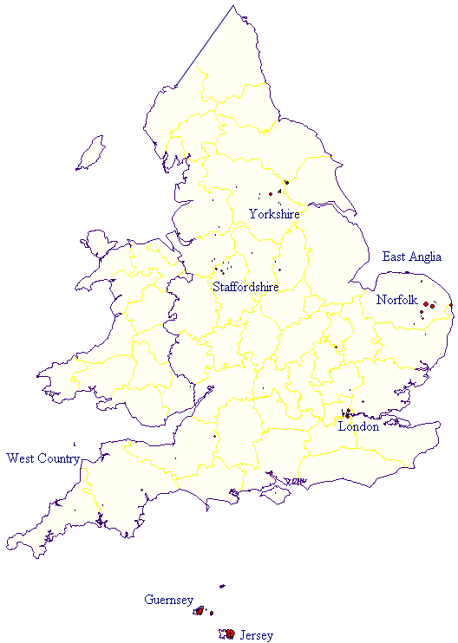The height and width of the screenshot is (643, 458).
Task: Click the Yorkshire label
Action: pyautogui.click(x=274, y=213)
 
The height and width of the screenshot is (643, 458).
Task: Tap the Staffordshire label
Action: pyautogui.click(x=245, y=286)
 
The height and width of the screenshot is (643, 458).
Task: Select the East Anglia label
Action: pyautogui.click(x=412, y=257)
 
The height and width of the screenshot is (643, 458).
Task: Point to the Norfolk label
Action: pyautogui.click(x=397, y=300)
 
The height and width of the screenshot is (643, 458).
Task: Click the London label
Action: pyautogui.click(x=358, y=426)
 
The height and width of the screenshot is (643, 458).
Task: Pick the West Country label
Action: pyautogui.click(x=43, y=458)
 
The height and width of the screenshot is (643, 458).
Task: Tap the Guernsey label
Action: pyautogui.click(x=168, y=600)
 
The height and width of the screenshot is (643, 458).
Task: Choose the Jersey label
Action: pyautogui.click(x=256, y=635)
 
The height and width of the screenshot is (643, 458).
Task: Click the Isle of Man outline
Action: pyautogui.click(x=90, y=153)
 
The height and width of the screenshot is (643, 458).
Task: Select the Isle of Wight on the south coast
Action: pyautogui.click(x=275, y=493)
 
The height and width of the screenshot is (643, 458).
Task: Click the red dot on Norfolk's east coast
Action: pyautogui.click(x=432, y=306)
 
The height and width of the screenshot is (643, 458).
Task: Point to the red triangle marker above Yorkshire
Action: pyautogui.click(x=279, y=190)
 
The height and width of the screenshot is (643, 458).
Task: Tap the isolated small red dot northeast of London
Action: pyautogui.click(x=350, y=389)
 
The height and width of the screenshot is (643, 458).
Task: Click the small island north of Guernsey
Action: pyautogui.click(x=222, y=586)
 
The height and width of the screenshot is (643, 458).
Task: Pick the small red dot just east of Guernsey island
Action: pyautogui.click(x=212, y=613)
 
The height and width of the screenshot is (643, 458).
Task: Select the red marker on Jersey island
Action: pyautogui.click(x=230, y=633)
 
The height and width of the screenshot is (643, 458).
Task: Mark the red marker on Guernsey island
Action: pyautogui.click(x=200, y=612)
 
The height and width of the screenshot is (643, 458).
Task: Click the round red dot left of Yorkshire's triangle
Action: pyautogui.click(x=271, y=193)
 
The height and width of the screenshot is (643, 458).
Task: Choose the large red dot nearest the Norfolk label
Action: pyautogui.click(x=426, y=303)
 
